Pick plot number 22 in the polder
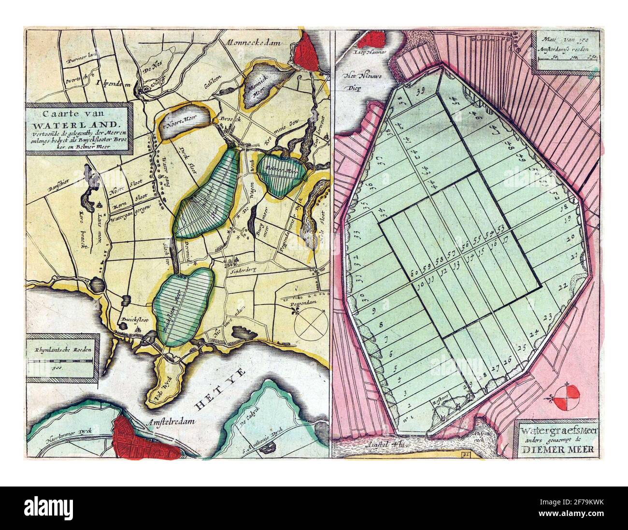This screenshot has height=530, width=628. point(561,287)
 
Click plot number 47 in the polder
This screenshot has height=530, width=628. point(494,131)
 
